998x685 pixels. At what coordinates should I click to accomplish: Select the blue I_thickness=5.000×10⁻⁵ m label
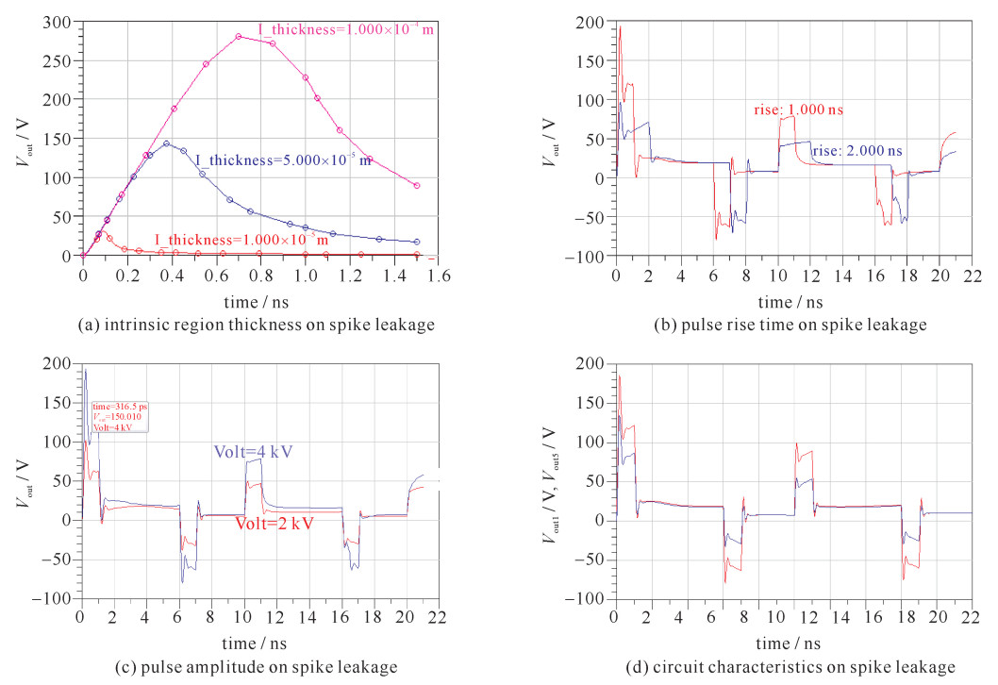(283, 161)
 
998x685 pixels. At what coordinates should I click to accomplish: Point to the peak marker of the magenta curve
(239, 37)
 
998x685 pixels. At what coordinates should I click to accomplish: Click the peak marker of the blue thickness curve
(166, 144)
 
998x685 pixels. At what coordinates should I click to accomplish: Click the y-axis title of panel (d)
(550, 481)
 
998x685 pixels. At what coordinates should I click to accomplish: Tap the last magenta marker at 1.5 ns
(416, 186)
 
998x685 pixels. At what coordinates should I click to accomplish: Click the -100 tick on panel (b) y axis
(592, 257)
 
